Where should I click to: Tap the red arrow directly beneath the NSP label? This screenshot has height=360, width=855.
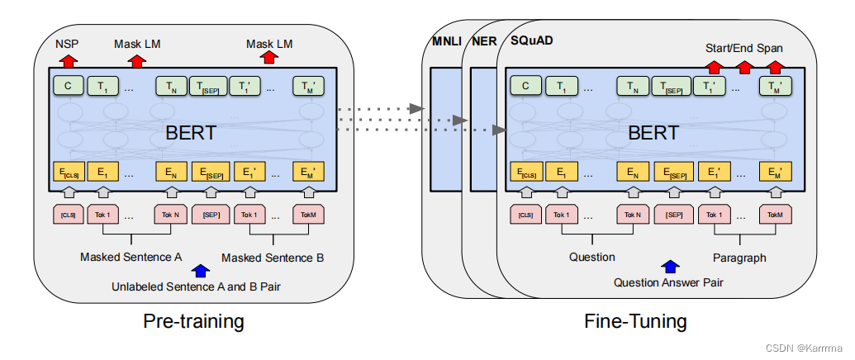[x=67, y=59]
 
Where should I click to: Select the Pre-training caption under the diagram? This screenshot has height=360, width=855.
[x=194, y=320]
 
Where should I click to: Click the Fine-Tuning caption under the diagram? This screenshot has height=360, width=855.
[x=635, y=320]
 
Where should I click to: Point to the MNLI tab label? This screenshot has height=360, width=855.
[x=447, y=41]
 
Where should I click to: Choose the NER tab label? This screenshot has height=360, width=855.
[x=483, y=41]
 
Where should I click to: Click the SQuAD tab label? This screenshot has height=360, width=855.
[x=534, y=41]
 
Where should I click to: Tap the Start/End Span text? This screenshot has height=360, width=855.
[x=744, y=47]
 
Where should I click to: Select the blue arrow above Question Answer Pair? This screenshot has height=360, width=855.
[x=670, y=266]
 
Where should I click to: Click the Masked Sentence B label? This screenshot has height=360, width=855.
[x=273, y=258]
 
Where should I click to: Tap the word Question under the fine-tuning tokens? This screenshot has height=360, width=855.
[x=591, y=257]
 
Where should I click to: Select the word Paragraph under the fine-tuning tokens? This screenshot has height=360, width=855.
[x=739, y=258]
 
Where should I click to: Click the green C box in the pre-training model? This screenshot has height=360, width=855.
[x=67, y=85]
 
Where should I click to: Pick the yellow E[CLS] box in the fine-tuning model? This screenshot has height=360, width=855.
[x=525, y=173]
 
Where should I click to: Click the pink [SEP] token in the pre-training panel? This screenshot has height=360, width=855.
[x=210, y=215]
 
